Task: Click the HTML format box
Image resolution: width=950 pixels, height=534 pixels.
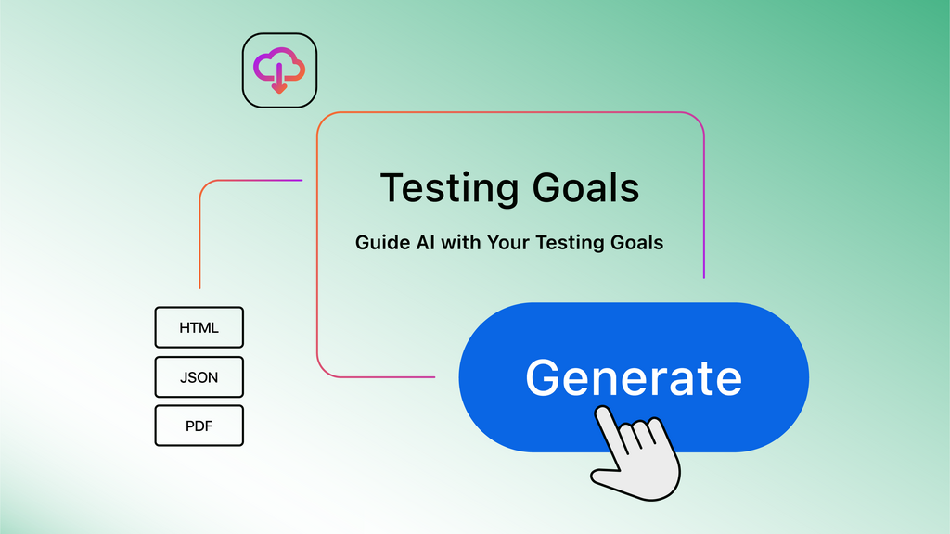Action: coord(199,328)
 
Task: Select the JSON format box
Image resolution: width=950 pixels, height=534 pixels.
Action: coord(199,377)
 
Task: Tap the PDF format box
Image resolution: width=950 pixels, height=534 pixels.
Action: coord(199,426)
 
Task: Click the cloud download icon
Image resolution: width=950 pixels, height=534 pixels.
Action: coord(279,70)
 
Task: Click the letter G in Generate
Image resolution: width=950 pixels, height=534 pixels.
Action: coord(545,377)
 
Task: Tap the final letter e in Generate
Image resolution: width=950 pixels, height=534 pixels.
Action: coord(725,380)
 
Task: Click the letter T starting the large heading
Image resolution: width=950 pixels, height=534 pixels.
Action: coord(393,188)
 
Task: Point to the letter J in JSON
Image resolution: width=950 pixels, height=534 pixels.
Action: coord(183,377)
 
